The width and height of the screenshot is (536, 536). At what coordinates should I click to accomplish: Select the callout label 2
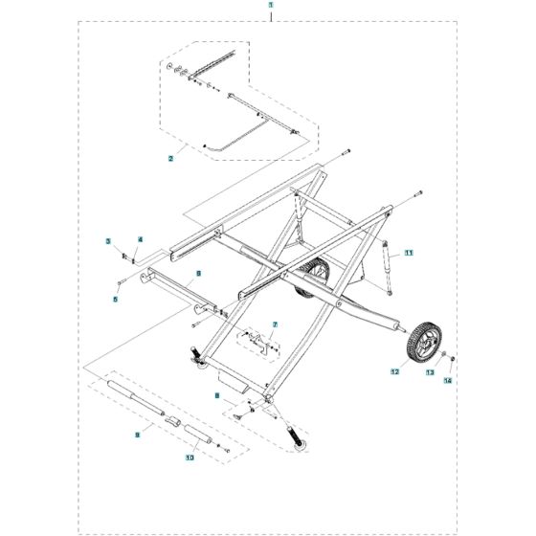(x=171, y=158)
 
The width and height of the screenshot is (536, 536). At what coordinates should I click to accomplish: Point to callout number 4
(x=139, y=238)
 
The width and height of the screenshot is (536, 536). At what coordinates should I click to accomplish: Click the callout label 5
(x=115, y=300)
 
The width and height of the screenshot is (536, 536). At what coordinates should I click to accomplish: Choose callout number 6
(x=197, y=273)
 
